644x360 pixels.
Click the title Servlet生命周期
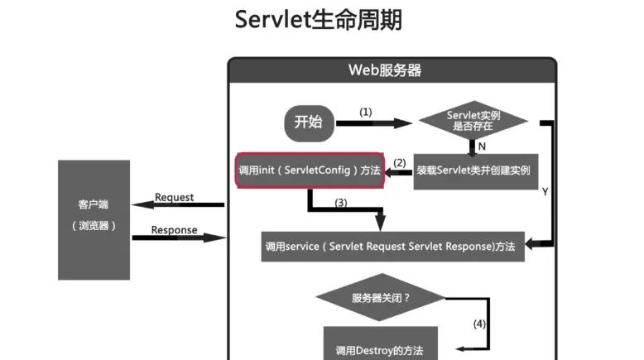319,20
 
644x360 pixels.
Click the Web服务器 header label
385,70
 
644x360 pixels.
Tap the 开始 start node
309,123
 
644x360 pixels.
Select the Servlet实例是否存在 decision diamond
473,121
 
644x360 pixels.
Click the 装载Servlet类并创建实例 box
476,171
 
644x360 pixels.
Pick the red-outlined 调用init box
310,170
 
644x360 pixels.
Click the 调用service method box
392,247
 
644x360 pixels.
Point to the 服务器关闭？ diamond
381,297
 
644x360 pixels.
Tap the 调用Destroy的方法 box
380,343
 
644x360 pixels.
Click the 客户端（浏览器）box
94,220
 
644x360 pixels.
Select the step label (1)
366,112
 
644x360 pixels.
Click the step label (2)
400,163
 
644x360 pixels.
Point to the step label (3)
340,203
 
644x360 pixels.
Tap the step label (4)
479,324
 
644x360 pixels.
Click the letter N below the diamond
482,146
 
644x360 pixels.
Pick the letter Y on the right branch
545,192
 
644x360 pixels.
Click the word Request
174,197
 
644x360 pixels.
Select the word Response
174,230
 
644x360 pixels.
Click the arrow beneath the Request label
178,204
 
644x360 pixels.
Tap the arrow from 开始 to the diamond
374,123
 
